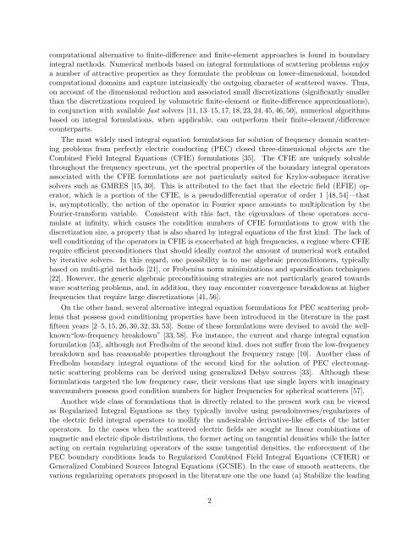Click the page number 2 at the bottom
tap(209, 499)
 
